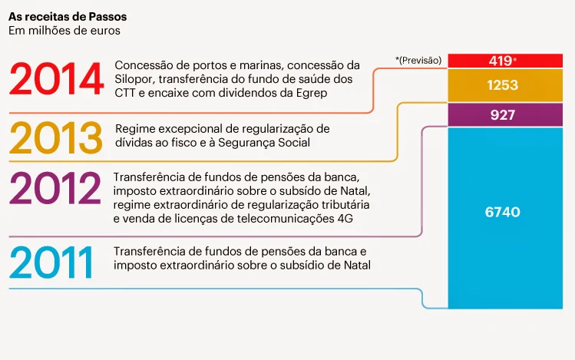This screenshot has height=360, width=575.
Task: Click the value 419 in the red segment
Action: pos(500,61)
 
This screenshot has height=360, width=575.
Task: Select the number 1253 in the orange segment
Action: pos(503,85)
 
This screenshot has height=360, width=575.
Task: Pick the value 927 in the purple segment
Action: pos(503,116)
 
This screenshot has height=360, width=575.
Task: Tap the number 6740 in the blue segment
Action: pos(503,212)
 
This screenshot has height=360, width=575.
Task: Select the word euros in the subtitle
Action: pos(104,31)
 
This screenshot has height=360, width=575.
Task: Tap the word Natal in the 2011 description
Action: pos(355,266)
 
